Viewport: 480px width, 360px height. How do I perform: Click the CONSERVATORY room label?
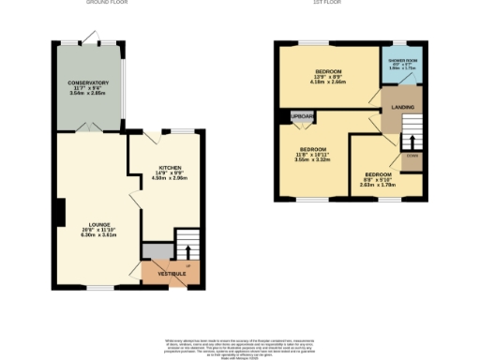(89, 82)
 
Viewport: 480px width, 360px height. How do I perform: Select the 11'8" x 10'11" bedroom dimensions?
(313, 157)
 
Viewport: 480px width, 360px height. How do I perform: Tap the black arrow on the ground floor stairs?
(187, 251)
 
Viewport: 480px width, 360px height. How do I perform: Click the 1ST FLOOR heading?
(325, 3)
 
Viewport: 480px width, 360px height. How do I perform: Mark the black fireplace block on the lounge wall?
(60, 212)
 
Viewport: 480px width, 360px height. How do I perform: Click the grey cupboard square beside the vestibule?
(157, 250)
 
